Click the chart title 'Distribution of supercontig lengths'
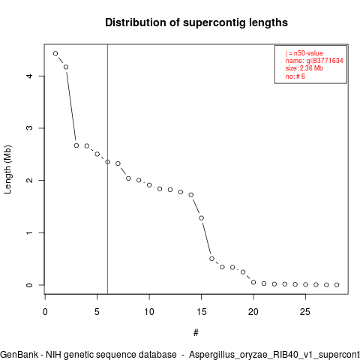196,22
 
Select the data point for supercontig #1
55,53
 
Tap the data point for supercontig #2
66,67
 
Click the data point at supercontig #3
76,145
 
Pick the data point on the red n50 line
107,162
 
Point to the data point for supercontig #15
201,218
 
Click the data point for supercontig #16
211,259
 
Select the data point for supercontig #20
253,282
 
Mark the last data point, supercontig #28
337,285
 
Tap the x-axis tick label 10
149,312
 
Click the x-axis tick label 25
305,312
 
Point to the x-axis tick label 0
45,312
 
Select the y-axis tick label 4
29,76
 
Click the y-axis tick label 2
29,180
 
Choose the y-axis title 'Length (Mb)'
7,169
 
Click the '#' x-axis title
196,333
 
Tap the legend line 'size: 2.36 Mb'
304,68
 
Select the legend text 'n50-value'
308,53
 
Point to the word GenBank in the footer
19,355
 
